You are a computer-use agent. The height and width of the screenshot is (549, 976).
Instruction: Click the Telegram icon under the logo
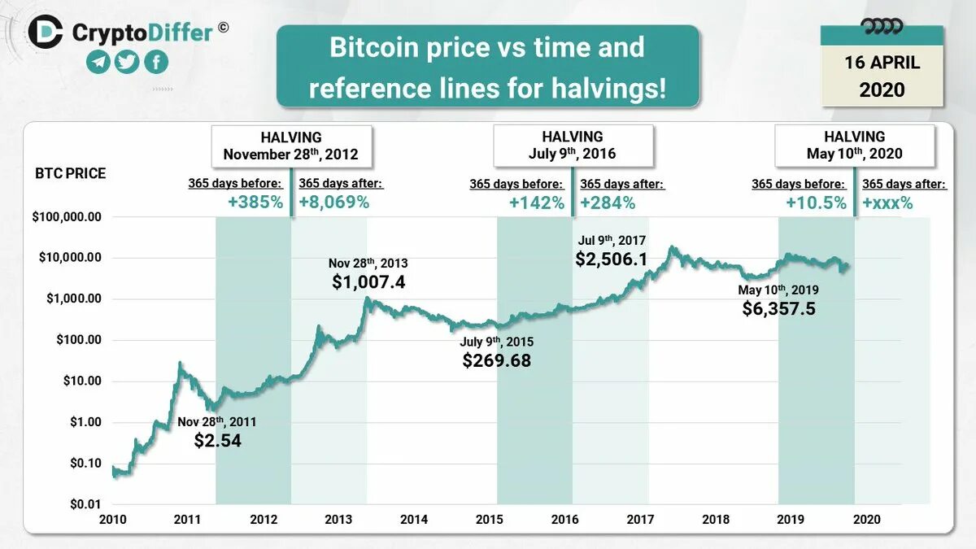pos(98,62)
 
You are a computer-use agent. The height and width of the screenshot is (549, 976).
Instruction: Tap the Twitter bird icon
pos(127,62)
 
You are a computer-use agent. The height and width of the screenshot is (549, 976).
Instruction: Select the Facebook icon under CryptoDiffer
pos(155,62)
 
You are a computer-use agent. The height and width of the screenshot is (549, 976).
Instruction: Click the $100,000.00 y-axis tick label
pos(67,217)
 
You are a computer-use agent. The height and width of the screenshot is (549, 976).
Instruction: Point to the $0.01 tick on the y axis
pos(84,504)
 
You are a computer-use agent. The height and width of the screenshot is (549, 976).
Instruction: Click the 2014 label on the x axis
pos(414,520)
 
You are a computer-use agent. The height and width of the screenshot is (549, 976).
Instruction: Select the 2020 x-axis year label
pos(866,520)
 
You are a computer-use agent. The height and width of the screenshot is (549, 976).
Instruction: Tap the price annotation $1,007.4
pos(368,282)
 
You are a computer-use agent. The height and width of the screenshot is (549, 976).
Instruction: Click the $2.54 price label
pos(217,440)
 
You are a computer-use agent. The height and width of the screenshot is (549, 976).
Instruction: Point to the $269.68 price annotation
pos(496,359)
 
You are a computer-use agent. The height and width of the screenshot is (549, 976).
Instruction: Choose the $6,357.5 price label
pos(778,308)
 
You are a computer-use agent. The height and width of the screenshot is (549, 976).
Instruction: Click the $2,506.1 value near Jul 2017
pos(612,259)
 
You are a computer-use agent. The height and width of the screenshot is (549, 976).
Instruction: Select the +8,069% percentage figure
pos(334,203)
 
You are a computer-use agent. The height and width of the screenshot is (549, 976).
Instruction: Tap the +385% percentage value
pos(255,203)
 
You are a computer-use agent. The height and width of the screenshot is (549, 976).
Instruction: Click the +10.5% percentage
pos(816,203)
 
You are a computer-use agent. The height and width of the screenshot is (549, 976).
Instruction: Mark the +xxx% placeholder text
pos(887,203)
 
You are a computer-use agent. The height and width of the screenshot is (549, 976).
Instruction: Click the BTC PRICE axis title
pos(70,173)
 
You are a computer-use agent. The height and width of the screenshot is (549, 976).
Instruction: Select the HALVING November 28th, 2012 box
pos(291,146)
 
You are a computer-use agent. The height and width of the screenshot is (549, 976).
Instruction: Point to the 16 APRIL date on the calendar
pos(882,63)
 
